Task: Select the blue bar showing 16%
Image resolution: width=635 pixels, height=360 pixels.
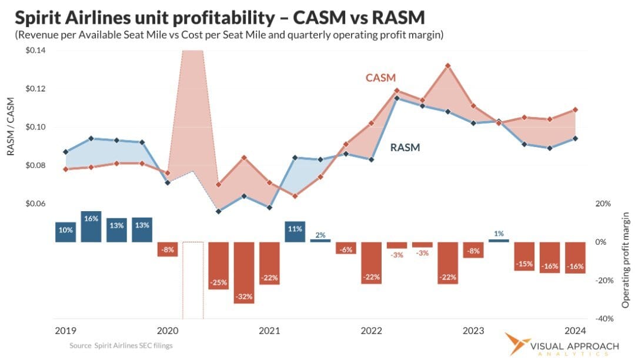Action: [x=91, y=226]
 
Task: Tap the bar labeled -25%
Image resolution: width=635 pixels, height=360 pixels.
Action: [x=218, y=265]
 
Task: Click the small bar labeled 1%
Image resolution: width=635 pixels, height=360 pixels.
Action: [x=499, y=240]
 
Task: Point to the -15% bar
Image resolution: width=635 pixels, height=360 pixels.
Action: [x=524, y=256]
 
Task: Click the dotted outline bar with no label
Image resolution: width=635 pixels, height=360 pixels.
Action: [x=192, y=279]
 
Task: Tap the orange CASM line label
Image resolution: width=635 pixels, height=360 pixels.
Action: [x=381, y=78]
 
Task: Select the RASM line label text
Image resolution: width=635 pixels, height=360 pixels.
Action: [x=405, y=148]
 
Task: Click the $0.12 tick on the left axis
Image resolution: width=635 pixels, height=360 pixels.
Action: [x=37, y=89]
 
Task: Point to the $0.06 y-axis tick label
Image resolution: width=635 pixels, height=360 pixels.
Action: [x=37, y=204]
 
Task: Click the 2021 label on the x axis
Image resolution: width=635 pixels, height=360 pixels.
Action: [x=269, y=331]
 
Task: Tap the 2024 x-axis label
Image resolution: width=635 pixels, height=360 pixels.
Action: [x=575, y=331]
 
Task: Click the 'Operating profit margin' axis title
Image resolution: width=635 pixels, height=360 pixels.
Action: [x=626, y=260]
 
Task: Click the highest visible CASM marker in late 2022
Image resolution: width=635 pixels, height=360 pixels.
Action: [x=447, y=66]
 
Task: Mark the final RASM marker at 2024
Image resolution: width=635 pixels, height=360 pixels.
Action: [x=575, y=138]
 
